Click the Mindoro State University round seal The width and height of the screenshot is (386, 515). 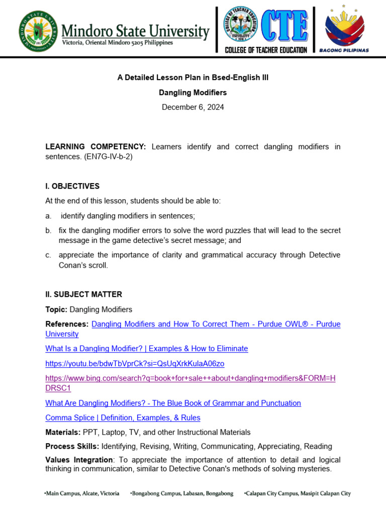coord(39,31)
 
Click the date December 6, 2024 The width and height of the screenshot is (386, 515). coord(193,107)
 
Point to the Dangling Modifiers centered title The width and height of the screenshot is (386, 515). coord(193,93)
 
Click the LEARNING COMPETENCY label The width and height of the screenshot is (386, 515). coord(95,147)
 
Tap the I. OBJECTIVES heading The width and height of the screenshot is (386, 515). coord(72,186)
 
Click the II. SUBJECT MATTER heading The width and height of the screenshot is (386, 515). coord(83,294)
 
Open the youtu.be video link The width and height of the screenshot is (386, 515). coord(135,363)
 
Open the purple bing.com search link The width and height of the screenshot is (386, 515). coord(190,378)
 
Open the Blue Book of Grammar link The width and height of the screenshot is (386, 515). coord(173,403)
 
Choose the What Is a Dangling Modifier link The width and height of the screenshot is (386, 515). coord(146,349)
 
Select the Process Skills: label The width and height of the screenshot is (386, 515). coord(72,446)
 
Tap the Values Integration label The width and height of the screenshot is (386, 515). coord(79,460)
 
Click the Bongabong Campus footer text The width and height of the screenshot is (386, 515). coord(181,493)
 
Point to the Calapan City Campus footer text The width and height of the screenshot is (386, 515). coord(297,493)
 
